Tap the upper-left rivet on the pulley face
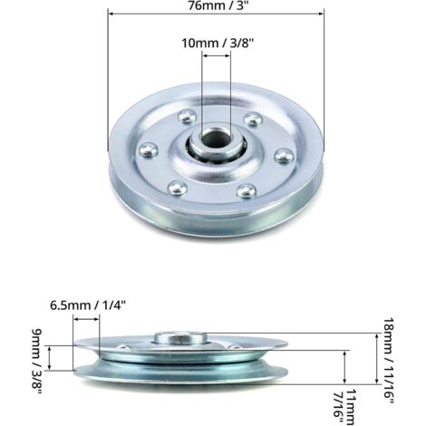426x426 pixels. point(184,115)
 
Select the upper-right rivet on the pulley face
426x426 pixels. point(253,119)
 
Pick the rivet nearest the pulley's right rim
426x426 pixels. point(281,154)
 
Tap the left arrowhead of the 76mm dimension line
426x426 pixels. point(111,14)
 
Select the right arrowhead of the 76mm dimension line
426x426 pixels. point(321,14)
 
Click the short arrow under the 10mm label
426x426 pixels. point(216,56)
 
